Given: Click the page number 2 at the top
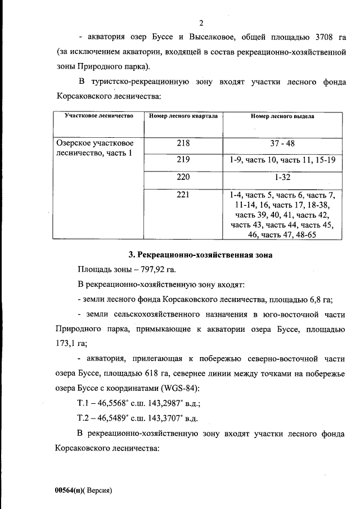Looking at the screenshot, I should click(x=200, y=23).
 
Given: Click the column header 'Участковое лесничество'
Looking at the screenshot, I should click(x=99, y=116).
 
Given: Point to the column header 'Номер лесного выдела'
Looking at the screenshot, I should click(x=282, y=116).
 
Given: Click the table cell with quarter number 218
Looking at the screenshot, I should click(x=183, y=143).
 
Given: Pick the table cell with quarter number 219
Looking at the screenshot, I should click(x=183, y=160).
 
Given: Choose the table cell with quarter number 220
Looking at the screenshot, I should click(x=183, y=177).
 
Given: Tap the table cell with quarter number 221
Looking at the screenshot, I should click(x=183, y=195).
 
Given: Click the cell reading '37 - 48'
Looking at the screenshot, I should click(x=282, y=143).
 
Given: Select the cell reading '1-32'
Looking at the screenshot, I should click(x=282, y=177).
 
